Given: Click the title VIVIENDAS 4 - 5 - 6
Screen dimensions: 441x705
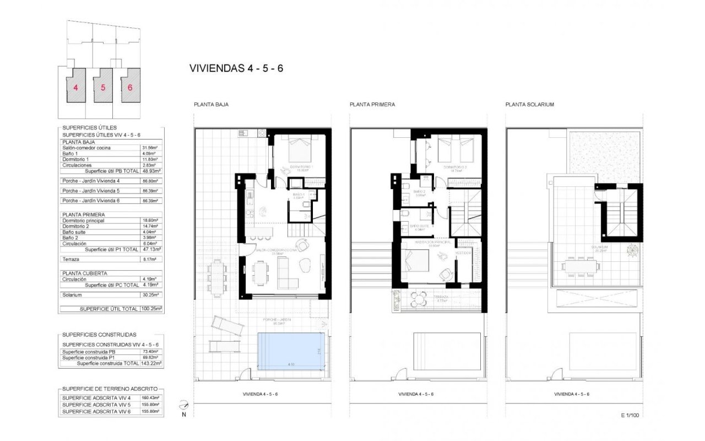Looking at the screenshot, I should (236, 68).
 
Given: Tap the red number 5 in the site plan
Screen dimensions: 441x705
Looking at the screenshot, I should (102, 87).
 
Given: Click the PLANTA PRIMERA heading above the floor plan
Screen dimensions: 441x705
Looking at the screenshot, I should (372, 104).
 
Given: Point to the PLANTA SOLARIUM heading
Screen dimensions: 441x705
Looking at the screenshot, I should (529, 104).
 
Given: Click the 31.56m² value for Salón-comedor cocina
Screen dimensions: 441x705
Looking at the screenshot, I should (149, 148).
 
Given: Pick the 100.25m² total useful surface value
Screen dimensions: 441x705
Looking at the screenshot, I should (149, 309).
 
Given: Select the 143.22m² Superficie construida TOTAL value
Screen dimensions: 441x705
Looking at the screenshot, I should (149, 363).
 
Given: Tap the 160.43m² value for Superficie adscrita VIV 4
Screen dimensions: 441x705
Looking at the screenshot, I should (149, 398).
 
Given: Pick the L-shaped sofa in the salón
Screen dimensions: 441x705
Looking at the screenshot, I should (286, 274).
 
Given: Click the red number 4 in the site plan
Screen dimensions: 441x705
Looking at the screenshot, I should (75, 87).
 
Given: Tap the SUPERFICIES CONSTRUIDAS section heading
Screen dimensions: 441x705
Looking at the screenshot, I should (99, 335).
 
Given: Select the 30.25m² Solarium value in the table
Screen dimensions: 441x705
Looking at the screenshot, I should (149, 295).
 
